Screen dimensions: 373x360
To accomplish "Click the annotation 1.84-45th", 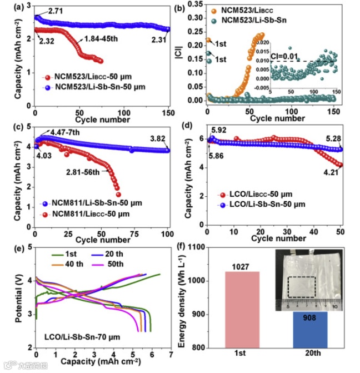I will [99, 39].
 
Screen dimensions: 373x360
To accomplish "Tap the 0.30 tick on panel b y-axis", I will [196, 18].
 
